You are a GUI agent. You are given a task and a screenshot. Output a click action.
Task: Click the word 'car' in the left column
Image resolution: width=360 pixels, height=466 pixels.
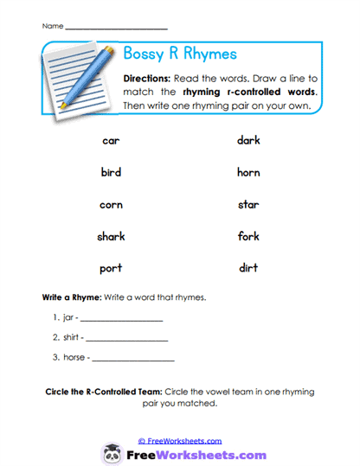[111, 140]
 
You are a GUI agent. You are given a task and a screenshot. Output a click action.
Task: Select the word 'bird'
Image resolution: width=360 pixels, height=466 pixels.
[111, 172]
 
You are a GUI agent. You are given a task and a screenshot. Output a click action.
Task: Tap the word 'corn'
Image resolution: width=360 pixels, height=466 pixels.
[111, 205]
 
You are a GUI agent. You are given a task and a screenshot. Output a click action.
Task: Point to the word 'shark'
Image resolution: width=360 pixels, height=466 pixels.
[111, 236]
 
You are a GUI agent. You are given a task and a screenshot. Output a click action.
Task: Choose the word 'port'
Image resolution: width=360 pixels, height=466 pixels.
[111, 268]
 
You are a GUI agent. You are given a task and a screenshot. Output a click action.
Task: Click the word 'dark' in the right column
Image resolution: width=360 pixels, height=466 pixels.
[248, 140]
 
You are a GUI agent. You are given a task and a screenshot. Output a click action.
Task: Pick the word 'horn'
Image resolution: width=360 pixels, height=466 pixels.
[248, 172]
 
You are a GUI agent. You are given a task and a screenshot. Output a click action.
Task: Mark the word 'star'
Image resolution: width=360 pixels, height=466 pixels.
[248, 205]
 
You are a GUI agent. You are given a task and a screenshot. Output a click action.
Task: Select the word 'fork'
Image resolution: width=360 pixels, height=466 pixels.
[248, 236]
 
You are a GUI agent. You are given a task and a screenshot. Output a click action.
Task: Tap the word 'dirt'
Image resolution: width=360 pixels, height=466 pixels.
[248, 268]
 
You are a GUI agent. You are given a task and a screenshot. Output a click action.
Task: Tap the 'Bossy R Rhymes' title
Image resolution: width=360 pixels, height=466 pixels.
[180, 54]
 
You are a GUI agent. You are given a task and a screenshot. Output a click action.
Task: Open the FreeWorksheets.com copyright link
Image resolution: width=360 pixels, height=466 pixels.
[179, 440]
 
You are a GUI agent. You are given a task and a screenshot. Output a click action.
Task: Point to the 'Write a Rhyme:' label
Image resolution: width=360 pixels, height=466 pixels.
[72, 297]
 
